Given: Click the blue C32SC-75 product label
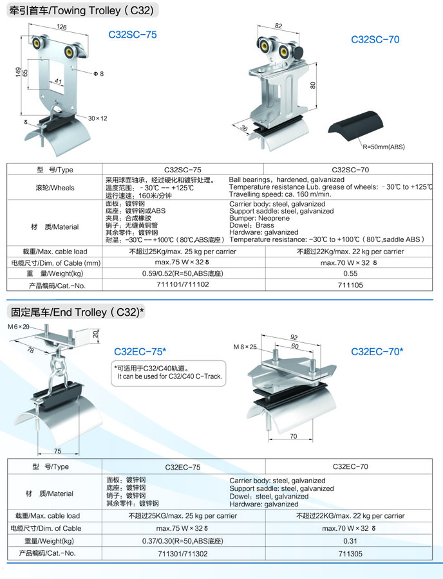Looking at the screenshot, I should point(133,35).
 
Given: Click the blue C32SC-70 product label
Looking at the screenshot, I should point(375,40).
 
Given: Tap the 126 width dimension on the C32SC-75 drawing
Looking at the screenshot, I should point(62,27).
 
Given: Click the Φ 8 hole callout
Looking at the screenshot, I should point(98,75).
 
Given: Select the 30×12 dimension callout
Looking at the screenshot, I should point(97,118).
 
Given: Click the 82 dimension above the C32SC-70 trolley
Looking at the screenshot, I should point(278,26).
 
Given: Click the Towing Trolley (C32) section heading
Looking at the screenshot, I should point(82,10).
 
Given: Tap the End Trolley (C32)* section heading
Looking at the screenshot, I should point(77,313).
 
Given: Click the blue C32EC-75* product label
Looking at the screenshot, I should point(140,351).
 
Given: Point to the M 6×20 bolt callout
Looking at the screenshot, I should point(19,327).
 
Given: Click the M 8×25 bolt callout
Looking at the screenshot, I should point(245,347).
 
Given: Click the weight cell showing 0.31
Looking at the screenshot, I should point(350,542).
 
